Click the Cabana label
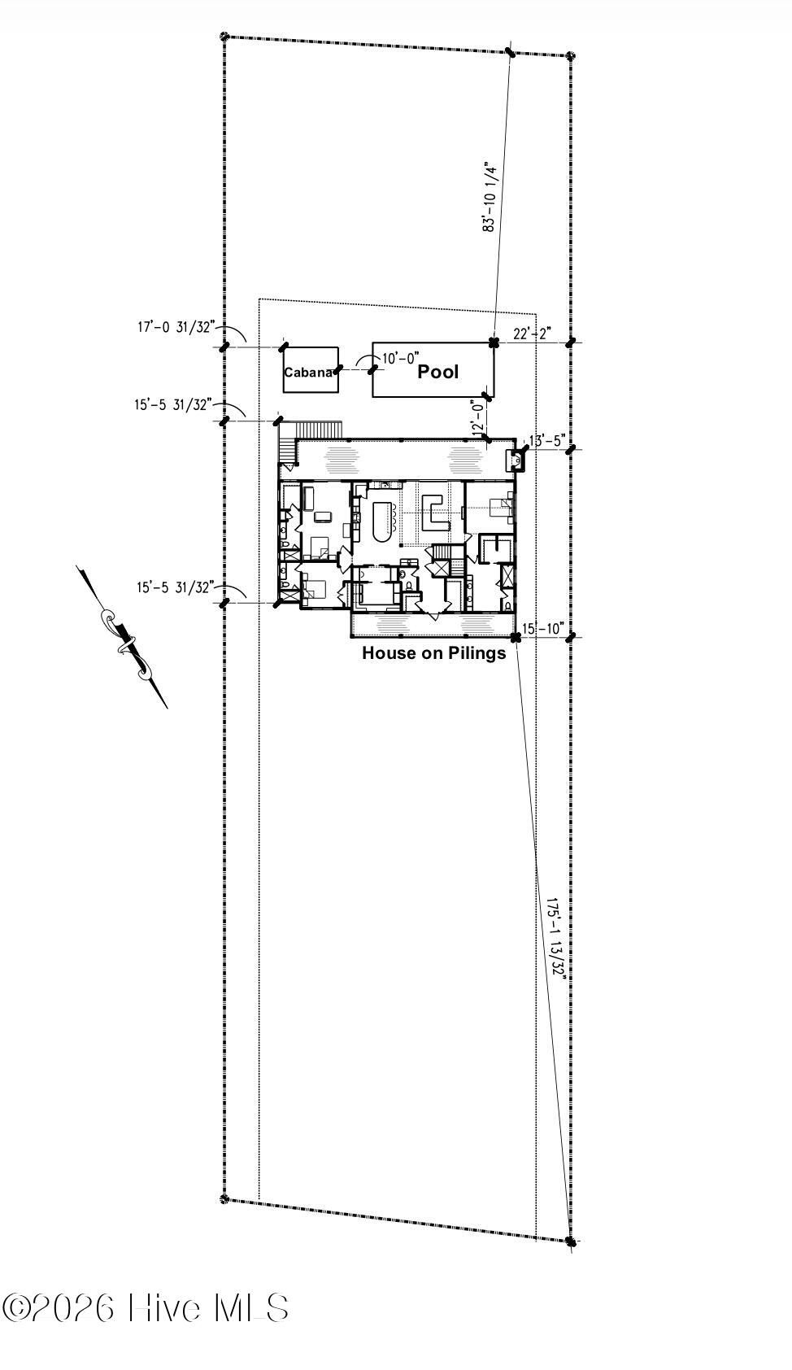coord(308,373)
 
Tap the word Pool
coord(438,372)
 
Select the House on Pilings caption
coord(433,652)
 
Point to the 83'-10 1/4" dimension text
coord(490,196)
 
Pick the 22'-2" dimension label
coord(532,334)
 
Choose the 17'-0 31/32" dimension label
coord(175,327)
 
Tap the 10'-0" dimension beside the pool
coord(400,357)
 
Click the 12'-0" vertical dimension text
coord(478,415)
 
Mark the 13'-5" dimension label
coord(546,441)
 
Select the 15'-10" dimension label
coord(543,628)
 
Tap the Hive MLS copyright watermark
coord(146,1308)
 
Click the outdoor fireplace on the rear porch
coord(516,460)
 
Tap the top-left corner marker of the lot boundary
coord(225,37)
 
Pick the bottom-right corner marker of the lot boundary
coord(570,1241)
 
